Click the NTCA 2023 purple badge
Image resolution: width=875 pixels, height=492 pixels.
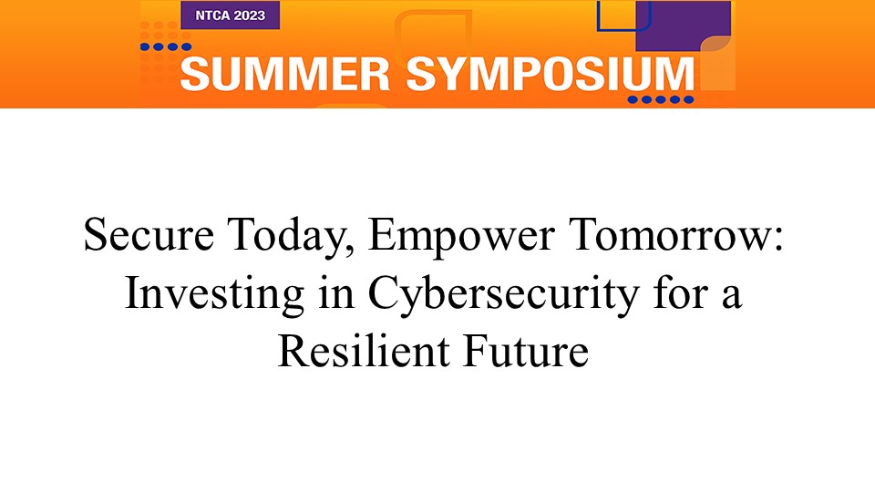230,15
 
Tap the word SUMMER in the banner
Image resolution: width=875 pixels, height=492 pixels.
284,74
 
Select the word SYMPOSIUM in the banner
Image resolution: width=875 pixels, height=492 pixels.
550,74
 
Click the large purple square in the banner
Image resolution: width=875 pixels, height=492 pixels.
684,26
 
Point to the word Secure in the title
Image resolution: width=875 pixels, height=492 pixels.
149,234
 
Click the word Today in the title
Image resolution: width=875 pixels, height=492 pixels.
289,237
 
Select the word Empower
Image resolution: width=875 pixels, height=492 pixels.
461,237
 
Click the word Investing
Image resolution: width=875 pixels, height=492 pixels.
214,295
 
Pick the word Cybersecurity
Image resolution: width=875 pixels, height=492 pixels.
503,295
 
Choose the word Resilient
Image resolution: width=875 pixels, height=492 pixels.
364,351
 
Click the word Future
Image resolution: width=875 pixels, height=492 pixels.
526,351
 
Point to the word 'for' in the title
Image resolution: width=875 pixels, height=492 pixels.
681,292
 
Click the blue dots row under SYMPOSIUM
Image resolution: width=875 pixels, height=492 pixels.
661,100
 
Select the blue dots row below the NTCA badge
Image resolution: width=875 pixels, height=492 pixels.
166,46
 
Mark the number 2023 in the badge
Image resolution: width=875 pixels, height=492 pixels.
250,15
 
